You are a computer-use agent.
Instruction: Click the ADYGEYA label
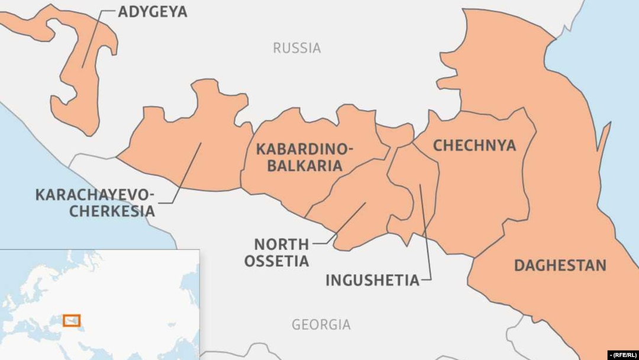pyautogui.click(x=152, y=11)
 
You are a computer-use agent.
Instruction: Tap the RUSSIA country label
pyautogui.click(x=296, y=48)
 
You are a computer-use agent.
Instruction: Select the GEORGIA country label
pyautogui.click(x=321, y=324)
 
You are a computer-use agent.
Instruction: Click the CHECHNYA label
pyautogui.click(x=475, y=146)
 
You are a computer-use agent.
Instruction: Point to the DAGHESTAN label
pyautogui.click(x=560, y=265)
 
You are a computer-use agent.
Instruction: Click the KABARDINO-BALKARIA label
pyautogui.click(x=304, y=157)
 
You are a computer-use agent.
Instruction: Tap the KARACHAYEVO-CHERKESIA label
pyautogui.click(x=95, y=202)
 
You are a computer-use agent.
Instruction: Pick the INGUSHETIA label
pyautogui.click(x=372, y=280)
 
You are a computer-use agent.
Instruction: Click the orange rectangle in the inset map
pyautogui.click(x=72, y=320)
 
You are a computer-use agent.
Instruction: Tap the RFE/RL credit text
pyautogui.click(x=622, y=355)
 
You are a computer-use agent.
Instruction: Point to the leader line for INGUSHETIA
pyautogui.click(x=425, y=231)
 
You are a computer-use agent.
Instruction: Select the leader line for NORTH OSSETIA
pyautogui.click(x=349, y=222)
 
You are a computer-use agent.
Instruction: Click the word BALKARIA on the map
pyautogui.click(x=304, y=166)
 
